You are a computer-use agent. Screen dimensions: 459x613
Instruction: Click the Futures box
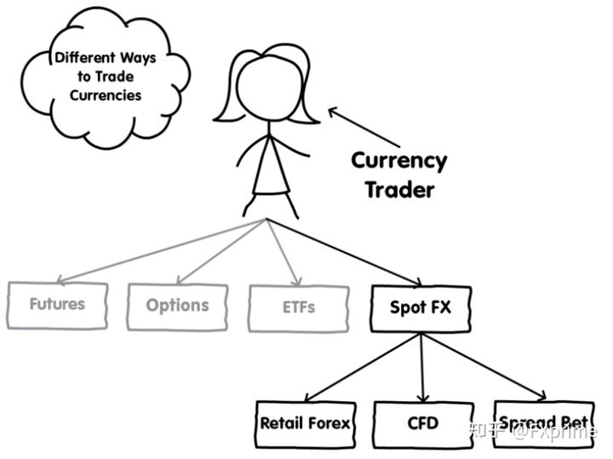[x=57, y=304]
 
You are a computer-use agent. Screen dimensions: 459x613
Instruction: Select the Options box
[x=177, y=306]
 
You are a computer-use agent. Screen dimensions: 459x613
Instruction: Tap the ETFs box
[x=298, y=307]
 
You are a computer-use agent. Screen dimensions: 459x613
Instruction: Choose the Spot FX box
[x=421, y=307]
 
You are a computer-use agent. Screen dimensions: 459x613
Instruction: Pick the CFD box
[x=422, y=423]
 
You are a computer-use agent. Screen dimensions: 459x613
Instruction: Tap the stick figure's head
[x=270, y=86]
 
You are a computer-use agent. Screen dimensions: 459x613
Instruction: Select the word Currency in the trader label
[x=398, y=161]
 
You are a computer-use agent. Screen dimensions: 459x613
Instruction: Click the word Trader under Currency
[x=398, y=189]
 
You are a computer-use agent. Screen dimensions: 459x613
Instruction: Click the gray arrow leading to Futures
[x=162, y=249]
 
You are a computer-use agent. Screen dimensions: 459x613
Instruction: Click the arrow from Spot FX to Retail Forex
[x=362, y=366]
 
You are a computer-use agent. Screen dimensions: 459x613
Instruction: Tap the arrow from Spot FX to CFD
[x=421, y=366]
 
